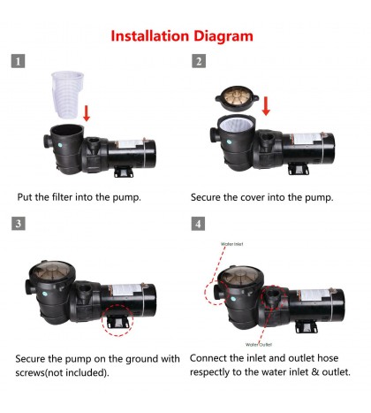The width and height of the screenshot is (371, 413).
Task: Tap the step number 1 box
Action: pyautogui.click(x=19, y=61)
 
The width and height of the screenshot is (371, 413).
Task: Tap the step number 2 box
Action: pyautogui.click(x=200, y=61)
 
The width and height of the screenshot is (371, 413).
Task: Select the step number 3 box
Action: pyautogui.click(x=19, y=223)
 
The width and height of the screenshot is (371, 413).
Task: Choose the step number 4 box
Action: pyautogui.click(x=200, y=223)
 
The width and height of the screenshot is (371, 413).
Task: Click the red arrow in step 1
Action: pyautogui.click(x=86, y=113)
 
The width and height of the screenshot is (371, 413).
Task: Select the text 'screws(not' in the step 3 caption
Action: pyautogui.click(x=46, y=372)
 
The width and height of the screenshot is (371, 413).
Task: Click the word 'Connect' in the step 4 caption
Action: pyautogui.click(x=214, y=359)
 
